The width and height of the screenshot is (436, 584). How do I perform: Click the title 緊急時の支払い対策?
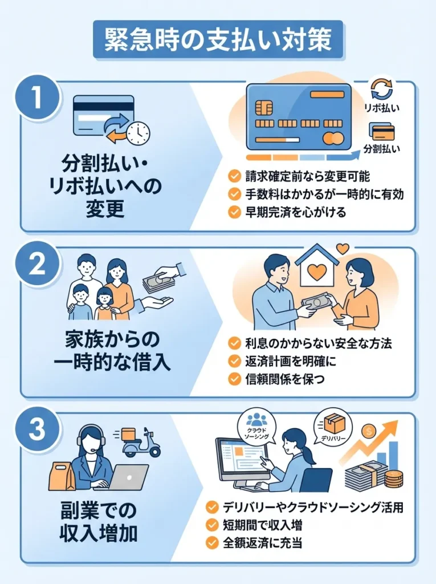coord(218,39)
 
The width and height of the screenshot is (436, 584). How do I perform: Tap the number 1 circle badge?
coord(37,97)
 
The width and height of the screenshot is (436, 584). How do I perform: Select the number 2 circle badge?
coord(37,263)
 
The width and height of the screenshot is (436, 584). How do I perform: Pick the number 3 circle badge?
coord(37,429)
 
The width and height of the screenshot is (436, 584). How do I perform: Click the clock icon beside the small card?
coord(138,132)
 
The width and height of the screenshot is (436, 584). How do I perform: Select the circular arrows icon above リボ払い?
coord(382,89)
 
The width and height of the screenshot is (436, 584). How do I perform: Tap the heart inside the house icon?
coord(317,273)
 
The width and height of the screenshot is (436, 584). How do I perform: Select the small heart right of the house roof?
coord(343,249)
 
